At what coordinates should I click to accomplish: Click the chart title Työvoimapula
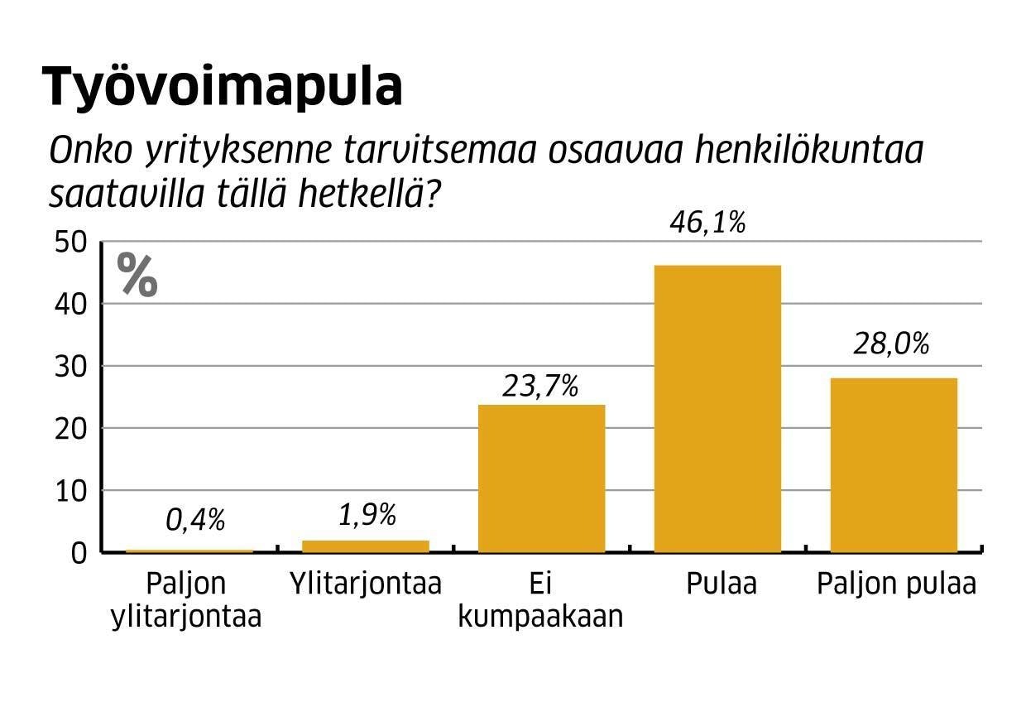click(223, 86)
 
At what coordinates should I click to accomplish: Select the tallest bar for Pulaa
click(717, 408)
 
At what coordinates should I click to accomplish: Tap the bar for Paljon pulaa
click(894, 464)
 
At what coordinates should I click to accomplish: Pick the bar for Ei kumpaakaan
click(541, 478)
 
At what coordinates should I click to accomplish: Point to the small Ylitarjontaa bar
click(366, 546)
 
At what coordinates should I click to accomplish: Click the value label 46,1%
click(707, 224)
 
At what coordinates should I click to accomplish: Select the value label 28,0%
click(891, 344)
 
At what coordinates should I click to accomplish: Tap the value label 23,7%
click(539, 386)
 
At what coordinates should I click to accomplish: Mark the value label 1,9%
click(367, 515)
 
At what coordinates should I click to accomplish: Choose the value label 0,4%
click(195, 519)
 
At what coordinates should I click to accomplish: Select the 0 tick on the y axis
click(79, 553)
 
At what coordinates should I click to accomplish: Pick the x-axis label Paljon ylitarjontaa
click(185, 599)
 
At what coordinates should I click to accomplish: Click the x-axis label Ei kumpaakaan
click(539, 599)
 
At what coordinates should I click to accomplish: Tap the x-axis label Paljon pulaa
click(896, 584)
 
